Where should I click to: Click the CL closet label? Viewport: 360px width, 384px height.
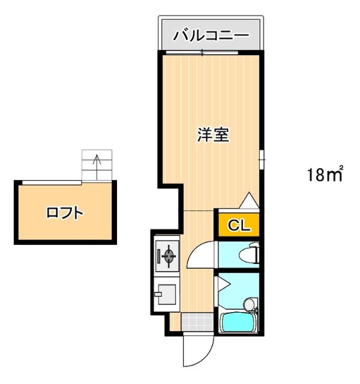(x=238, y=226)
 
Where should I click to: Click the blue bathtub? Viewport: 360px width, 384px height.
(x=239, y=324)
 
